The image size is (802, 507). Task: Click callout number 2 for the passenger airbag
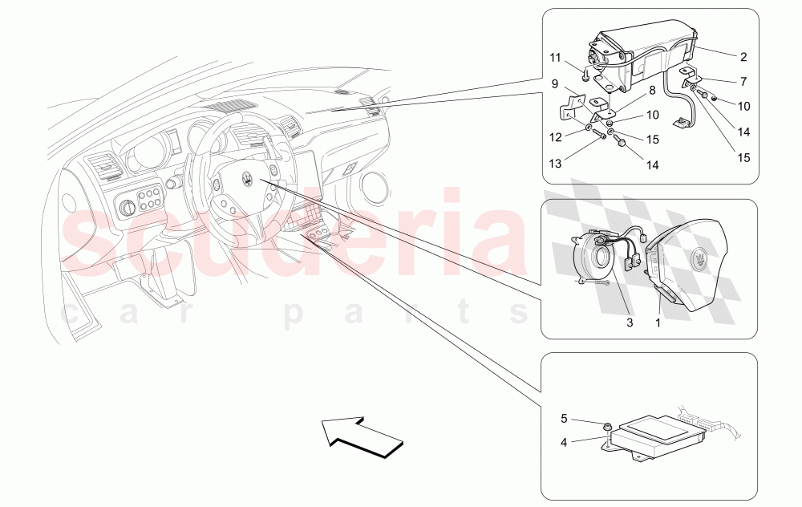coord(743,57)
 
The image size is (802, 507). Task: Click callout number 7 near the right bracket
coord(743,82)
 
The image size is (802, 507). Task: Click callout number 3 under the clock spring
coord(630,323)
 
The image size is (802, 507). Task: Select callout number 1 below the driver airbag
coord(659,323)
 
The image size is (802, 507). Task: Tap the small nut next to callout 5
coord(609,427)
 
